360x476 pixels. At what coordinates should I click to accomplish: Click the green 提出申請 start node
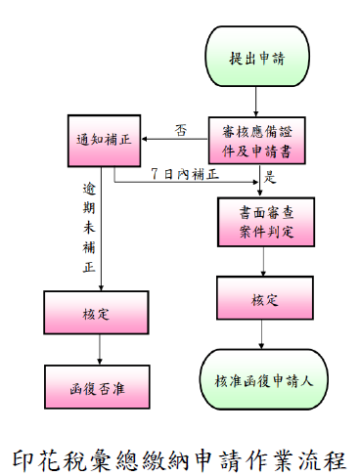pos(257,58)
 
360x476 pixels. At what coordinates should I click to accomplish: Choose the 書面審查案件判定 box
pos(257,226)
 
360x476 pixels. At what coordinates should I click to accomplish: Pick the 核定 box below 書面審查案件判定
pos(257,299)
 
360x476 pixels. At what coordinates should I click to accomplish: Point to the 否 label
pos(180,129)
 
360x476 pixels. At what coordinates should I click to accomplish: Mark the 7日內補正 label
pos(185,174)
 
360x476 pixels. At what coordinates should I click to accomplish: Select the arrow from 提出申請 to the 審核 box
pos(257,101)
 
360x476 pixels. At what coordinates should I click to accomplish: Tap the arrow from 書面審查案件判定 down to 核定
pos(257,261)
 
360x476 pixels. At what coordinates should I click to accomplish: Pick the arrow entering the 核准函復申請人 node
pos(257,334)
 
